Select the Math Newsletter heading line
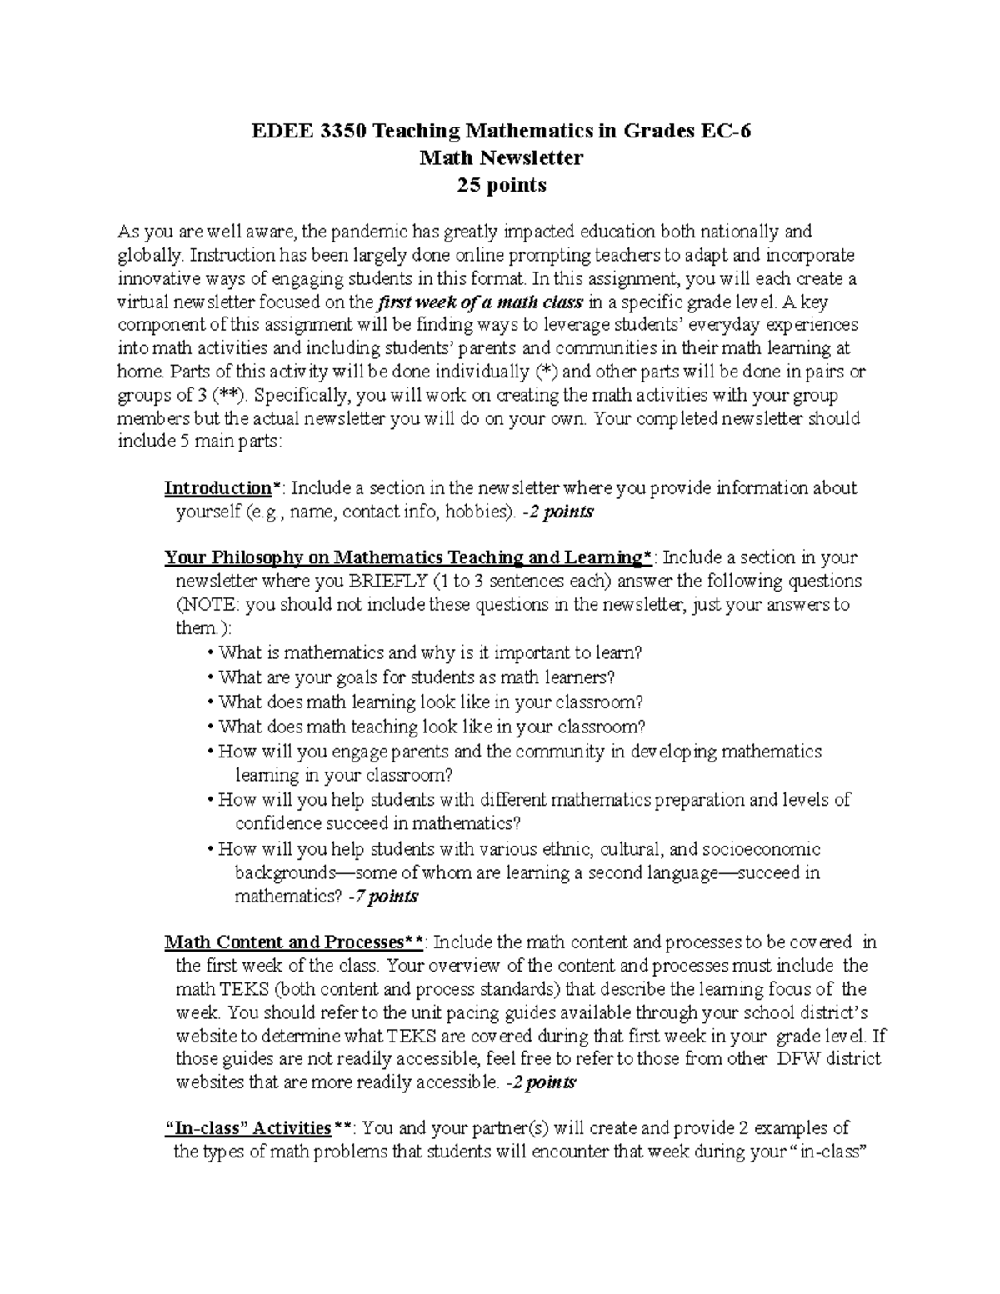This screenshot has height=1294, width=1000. pyautogui.click(x=501, y=157)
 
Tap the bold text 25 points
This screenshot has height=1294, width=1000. pyautogui.click(x=501, y=185)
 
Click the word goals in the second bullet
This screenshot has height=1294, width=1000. pyautogui.click(x=319, y=677)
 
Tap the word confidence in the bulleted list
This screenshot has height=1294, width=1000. pyautogui.click(x=277, y=824)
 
